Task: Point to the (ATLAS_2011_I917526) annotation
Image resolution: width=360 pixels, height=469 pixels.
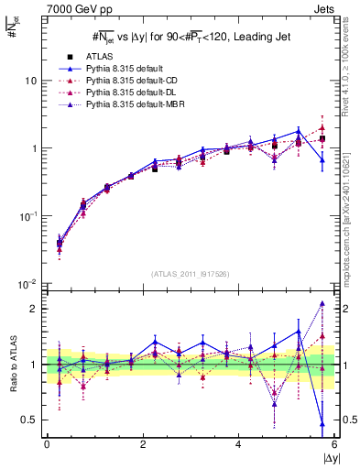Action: [x=191, y=274]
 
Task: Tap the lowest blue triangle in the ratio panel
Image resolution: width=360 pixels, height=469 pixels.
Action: [x=322, y=423]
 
